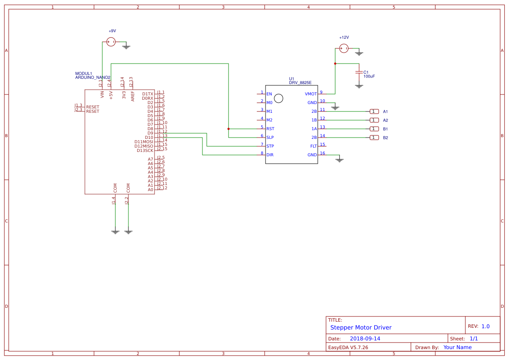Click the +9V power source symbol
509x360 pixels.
(x=111, y=42)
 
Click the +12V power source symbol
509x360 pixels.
(x=344, y=48)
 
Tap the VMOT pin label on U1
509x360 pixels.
(x=311, y=94)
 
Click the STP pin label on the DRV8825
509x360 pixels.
(x=270, y=146)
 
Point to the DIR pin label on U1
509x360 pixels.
(x=270, y=155)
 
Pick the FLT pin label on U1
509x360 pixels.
(x=313, y=146)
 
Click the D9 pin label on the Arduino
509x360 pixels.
(x=150, y=133)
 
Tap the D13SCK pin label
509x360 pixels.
(x=145, y=151)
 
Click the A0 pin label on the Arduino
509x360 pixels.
(x=150, y=190)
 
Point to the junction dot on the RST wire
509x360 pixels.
(x=229, y=129)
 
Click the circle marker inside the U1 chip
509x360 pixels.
(x=279, y=98)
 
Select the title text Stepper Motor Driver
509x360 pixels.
(x=361, y=327)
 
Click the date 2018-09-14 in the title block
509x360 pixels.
(x=365, y=339)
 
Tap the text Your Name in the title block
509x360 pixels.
(x=457, y=347)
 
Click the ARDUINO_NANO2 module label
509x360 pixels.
(x=93, y=77)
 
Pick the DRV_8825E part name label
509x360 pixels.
(x=300, y=83)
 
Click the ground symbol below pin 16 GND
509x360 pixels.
(x=340, y=160)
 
